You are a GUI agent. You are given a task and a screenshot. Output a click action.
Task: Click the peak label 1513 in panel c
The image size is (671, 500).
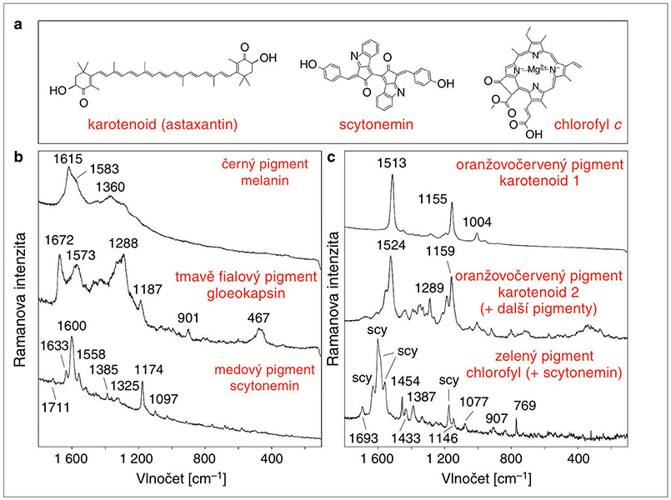[x=391, y=166]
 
